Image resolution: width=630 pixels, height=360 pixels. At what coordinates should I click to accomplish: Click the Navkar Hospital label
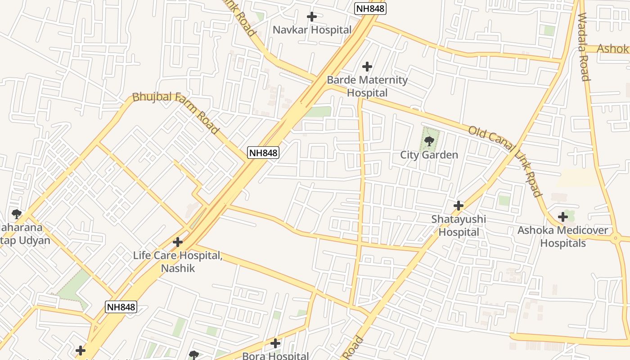pyautogui.click(x=312, y=30)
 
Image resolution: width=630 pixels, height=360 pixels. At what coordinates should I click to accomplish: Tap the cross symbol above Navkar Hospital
pyautogui.click(x=311, y=17)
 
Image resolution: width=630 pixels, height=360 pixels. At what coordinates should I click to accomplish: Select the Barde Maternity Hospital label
pyautogui.click(x=367, y=86)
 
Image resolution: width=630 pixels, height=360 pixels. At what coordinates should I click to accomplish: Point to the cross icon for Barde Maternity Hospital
pyautogui.click(x=367, y=67)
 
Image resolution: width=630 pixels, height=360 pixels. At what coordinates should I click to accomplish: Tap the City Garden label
pyautogui.click(x=429, y=155)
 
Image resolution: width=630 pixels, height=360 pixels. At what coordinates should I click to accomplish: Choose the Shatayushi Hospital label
pyautogui.click(x=459, y=225)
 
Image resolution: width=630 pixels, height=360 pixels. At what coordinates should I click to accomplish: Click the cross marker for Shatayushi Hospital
pyautogui.click(x=459, y=206)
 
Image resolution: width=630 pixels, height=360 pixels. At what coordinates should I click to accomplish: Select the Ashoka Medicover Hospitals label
pyautogui.click(x=562, y=237)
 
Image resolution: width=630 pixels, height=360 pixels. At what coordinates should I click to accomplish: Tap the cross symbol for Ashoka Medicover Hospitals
pyautogui.click(x=562, y=217)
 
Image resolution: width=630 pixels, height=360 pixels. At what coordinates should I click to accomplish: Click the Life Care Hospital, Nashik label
pyautogui.click(x=178, y=261)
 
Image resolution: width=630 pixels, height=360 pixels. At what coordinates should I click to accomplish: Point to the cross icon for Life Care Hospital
pyautogui.click(x=178, y=242)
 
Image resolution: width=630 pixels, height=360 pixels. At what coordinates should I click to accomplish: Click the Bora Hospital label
pyautogui.click(x=275, y=356)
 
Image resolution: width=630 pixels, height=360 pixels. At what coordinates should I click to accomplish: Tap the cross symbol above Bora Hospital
pyautogui.click(x=275, y=343)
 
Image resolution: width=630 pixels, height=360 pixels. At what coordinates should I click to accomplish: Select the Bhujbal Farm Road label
pyautogui.click(x=175, y=112)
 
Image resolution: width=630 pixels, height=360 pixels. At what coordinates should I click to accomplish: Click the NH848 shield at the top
pyautogui.click(x=370, y=8)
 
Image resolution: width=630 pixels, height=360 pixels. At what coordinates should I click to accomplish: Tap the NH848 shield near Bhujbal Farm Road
pyautogui.click(x=263, y=153)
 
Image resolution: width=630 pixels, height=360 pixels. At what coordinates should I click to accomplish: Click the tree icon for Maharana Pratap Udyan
pyautogui.click(x=17, y=213)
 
